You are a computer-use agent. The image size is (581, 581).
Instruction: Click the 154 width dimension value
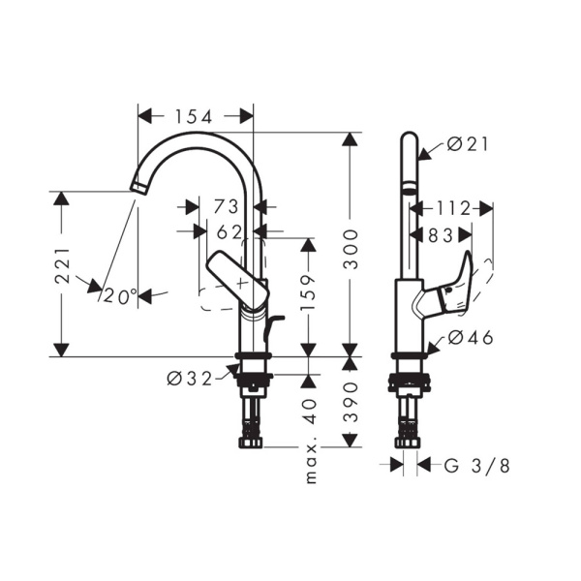tap(195, 116)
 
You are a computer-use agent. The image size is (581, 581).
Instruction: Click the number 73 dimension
tap(226, 206)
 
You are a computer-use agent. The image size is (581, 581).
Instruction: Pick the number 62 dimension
tap(229, 231)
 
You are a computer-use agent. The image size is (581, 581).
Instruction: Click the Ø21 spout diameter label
tap(469, 145)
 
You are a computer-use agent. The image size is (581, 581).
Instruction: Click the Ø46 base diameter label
tap(471, 338)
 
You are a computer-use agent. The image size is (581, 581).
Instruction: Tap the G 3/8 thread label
tap(476, 466)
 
